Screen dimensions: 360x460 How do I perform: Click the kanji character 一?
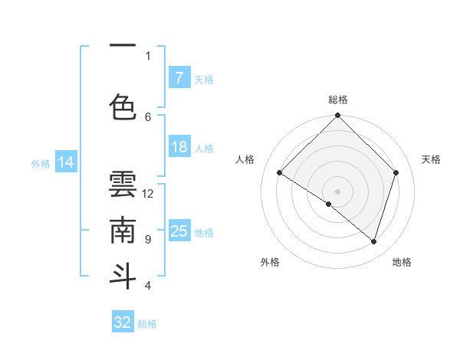(x=123, y=47)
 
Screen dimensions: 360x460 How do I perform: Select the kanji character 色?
(x=123, y=106)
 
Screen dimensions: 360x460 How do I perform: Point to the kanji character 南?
(x=123, y=230)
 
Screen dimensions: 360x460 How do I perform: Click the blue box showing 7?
(x=179, y=78)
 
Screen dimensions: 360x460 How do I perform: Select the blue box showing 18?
(x=179, y=147)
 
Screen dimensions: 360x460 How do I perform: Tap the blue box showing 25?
(x=179, y=231)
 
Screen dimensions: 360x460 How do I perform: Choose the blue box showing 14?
(x=66, y=162)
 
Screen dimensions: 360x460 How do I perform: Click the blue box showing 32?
(x=123, y=322)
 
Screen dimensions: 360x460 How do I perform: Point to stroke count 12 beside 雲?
(x=148, y=194)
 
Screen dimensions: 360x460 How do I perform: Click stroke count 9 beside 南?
(x=148, y=240)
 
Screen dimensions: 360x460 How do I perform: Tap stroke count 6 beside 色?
(x=148, y=116)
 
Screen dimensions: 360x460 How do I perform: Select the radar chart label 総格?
(x=338, y=100)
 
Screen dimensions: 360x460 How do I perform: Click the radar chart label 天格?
(x=431, y=159)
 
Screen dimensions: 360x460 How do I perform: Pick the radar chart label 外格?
(x=270, y=262)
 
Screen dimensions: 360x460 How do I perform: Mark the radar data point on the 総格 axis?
(x=337, y=116)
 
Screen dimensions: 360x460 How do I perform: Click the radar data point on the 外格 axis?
(x=329, y=204)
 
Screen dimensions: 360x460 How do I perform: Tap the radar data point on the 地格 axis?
(x=374, y=242)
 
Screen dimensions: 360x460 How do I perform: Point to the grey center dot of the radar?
(x=337, y=191)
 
